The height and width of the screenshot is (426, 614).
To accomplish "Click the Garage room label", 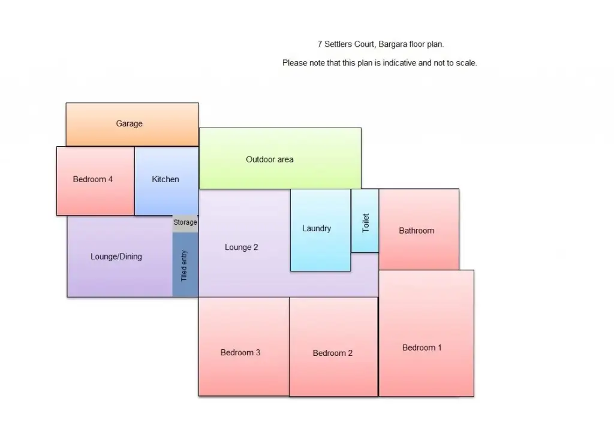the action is (130, 124).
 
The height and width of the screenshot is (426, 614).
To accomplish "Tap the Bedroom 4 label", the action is (93, 179).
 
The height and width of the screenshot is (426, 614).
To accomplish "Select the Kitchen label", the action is (165, 179).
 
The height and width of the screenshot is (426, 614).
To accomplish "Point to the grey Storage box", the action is (185, 223).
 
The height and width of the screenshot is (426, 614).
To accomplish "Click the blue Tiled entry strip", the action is (185, 265).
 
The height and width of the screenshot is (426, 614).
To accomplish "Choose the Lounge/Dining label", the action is (116, 257).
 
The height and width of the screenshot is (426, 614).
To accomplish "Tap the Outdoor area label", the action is (270, 159).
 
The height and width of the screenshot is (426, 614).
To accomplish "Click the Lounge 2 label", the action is (242, 247).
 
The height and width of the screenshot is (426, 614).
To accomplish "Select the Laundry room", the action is (317, 229).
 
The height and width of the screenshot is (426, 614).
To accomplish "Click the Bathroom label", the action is (417, 231).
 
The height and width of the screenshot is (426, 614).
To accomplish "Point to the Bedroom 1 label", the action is (422, 348).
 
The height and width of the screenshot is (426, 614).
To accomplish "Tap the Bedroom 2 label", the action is (333, 354).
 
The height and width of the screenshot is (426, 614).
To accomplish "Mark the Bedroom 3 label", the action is (240, 353).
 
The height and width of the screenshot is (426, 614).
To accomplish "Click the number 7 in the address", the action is (320, 44).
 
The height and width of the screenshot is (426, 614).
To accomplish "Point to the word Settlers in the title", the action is (338, 44).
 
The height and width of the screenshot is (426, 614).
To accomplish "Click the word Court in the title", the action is (365, 44).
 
